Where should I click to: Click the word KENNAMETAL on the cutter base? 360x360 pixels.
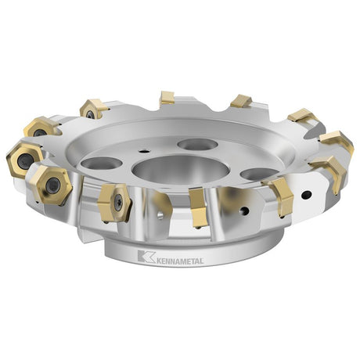(x=180, y=261)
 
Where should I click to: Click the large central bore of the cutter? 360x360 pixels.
(x=181, y=171)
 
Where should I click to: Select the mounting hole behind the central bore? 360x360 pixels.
(x=196, y=144)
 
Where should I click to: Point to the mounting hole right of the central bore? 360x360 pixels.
(x=259, y=174)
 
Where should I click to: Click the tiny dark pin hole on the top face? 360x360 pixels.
(x=143, y=150)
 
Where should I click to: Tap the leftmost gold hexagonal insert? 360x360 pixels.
(x=25, y=159)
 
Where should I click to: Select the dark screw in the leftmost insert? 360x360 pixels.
(x=25, y=160)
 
